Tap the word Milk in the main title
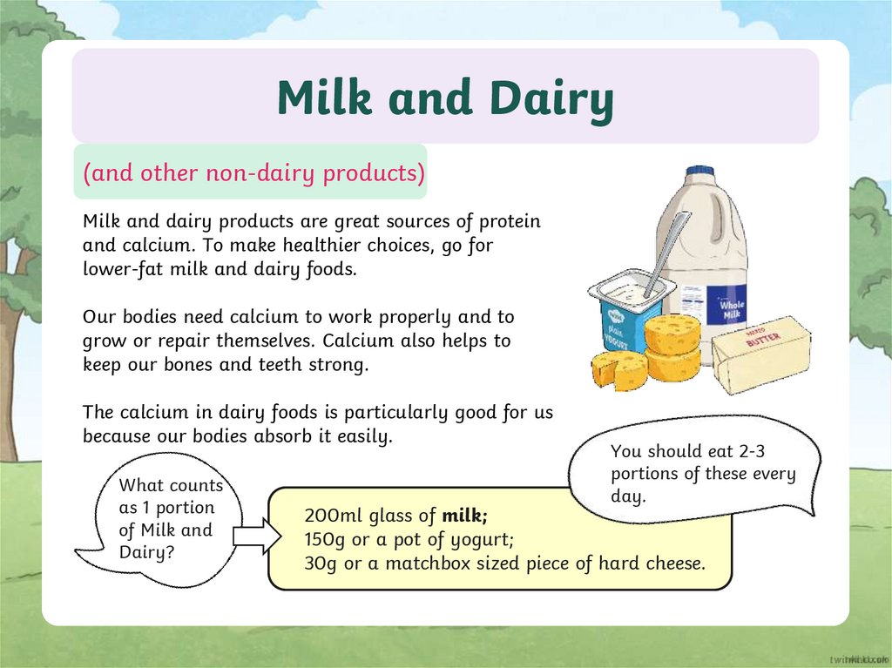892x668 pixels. click(325, 97)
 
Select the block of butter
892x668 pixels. click(761, 355)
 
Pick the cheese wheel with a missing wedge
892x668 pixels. click(618, 370)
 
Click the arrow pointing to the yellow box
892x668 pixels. click(257, 536)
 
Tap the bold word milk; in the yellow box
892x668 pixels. click(465, 516)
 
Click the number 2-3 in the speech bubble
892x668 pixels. click(751, 451)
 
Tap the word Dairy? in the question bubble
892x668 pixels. click(146, 552)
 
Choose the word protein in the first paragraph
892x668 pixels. click(510, 221)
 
